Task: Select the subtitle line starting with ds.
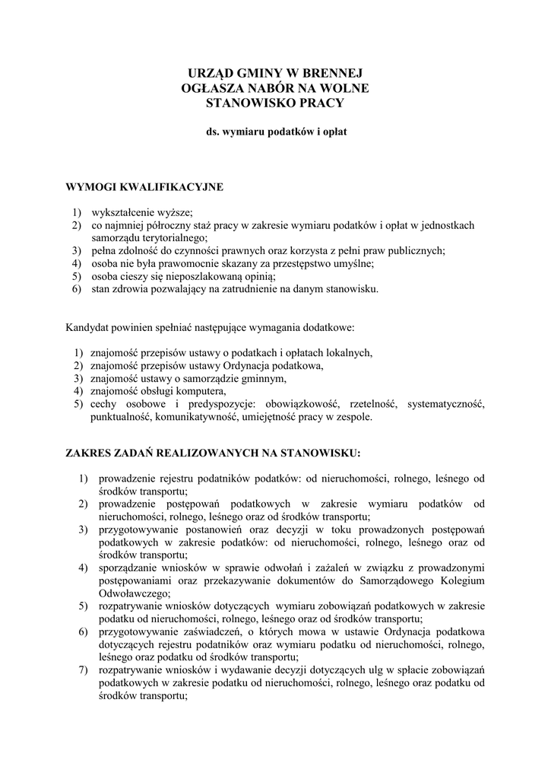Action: click(276, 131)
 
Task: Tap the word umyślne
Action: click(356, 263)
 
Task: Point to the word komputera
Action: click(182, 391)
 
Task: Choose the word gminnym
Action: click(263, 378)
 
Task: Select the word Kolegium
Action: click(464, 581)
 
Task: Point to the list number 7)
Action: click(84, 670)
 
